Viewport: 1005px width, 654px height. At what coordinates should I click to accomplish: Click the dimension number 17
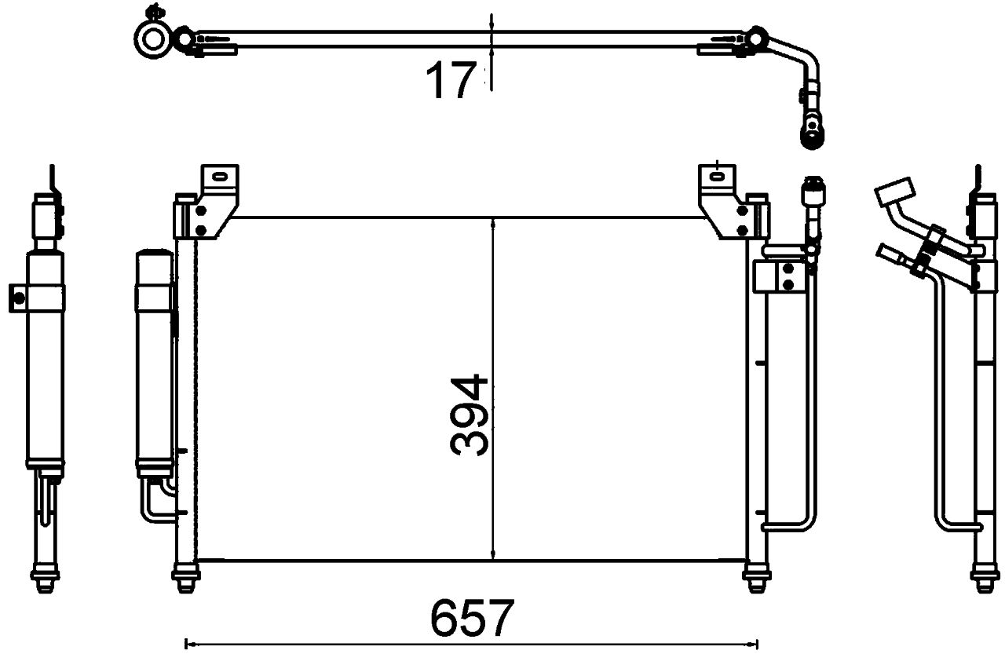tap(451, 80)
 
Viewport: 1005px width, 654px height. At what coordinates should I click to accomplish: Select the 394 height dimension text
tap(470, 416)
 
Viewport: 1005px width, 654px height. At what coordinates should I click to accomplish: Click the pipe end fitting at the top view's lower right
tap(810, 133)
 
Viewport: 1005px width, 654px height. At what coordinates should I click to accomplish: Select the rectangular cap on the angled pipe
tap(894, 192)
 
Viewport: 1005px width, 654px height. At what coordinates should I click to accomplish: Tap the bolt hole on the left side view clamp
tap(16, 296)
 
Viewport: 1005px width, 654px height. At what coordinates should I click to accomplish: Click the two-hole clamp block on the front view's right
tap(778, 278)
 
